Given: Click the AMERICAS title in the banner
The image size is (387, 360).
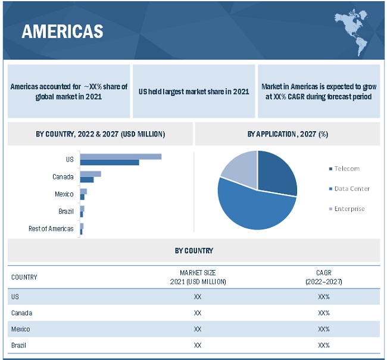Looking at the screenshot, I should pos(62,32).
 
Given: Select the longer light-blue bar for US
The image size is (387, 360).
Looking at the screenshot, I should pos(121,156).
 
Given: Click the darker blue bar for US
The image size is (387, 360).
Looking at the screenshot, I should pos(110,163).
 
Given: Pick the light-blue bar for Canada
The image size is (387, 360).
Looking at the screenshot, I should pos(90,173).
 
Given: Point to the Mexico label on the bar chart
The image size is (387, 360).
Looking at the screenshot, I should pos(64,194).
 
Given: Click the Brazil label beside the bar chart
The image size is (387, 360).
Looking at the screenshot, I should pos(66,211).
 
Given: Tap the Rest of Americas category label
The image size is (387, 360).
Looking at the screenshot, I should pos(51,228).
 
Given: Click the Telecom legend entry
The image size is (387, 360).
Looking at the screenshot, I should pos(347,169).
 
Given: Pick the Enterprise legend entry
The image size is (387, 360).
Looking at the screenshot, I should pos(349,209).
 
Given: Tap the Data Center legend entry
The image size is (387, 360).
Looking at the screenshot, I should pos(351,188).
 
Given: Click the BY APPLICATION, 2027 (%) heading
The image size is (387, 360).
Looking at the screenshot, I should pos(288,134).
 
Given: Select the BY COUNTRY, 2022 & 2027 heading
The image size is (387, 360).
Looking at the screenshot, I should pos(100,134).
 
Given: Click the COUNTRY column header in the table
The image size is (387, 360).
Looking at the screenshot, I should pos(24,277).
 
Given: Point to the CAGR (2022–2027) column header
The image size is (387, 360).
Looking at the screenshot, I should pos(323,277).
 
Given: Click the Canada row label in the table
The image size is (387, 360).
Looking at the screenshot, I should pos(22,313).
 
